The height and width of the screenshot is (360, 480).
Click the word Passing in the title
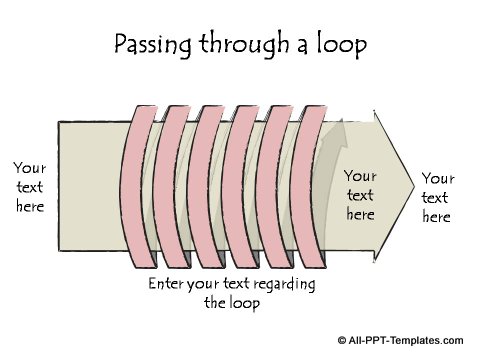tap(148, 45)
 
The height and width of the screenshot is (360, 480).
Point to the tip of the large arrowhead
tap(412, 184)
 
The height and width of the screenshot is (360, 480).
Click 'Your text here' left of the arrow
tap(31, 185)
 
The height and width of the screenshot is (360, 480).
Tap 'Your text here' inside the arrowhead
tap(360, 195)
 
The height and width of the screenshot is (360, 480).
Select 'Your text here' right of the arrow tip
tap(437, 197)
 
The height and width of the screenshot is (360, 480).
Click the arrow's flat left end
tap(59, 185)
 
